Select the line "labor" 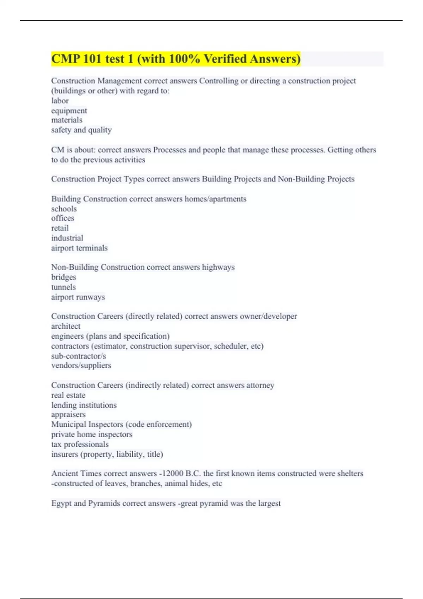tap(60, 101)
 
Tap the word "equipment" tap(69, 111)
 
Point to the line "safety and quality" tap(81, 130)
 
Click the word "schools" tap(64, 209)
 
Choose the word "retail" tap(60, 228)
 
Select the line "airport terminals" tap(79, 248)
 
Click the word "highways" tap(218, 267)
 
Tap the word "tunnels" tap(63, 287)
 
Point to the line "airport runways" tap(78, 297)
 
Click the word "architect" tap(66, 326)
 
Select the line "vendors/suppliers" tap(81, 365)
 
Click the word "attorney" tap(260, 385)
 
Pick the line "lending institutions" tap(84, 405)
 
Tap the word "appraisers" tap(68, 415)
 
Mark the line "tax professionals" tap(80, 444)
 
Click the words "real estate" tap(68, 395)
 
